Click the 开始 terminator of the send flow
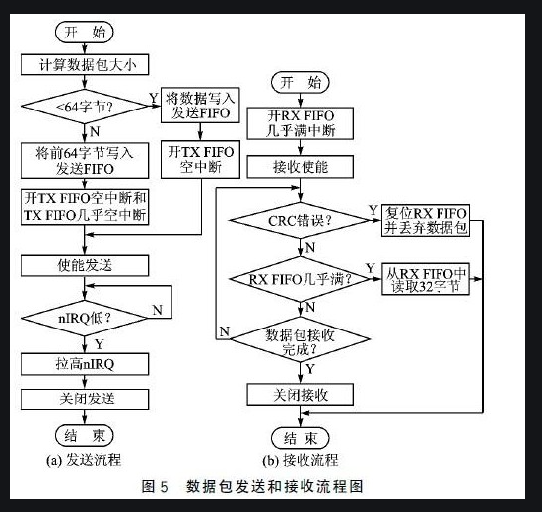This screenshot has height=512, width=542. (x=84, y=33)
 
